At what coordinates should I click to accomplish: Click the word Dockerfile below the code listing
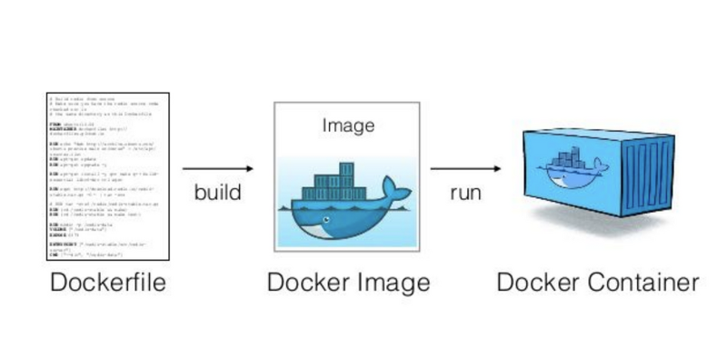(x=107, y=284)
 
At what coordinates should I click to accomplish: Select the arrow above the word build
(x=217, y=168)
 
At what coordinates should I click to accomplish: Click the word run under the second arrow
(x=464, y=194)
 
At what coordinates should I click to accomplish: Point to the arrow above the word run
(x=465, y=168)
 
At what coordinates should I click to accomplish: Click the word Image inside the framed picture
(x=348, y=126)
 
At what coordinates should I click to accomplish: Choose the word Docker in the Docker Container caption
(x=536, y=284)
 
